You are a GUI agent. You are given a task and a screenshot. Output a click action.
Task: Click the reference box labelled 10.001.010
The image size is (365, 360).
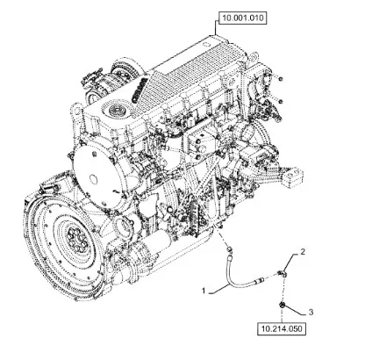(243, 18)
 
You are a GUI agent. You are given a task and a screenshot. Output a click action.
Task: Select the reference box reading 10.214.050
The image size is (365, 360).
(282, 328)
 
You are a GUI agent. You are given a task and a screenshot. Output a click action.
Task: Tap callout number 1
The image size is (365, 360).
(204, 291)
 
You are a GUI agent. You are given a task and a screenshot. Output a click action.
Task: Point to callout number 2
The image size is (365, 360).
(303, 251)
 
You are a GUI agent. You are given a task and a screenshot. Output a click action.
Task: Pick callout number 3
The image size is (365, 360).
(311, 312)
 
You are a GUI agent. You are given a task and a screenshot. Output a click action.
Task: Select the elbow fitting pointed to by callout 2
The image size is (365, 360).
(283, 274)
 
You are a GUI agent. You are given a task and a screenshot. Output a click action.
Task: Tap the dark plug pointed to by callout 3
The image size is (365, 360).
(283, 305)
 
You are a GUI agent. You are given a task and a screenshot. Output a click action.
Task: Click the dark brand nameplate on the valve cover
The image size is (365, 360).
(139, 91)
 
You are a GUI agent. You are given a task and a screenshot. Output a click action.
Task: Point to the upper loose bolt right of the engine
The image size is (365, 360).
(280, 79)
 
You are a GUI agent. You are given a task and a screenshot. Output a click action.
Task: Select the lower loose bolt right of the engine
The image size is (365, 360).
(280, 102)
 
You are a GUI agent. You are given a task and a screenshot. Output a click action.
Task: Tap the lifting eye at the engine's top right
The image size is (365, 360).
(254, 56)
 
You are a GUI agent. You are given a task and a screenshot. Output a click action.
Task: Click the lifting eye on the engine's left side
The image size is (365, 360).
(75, 112)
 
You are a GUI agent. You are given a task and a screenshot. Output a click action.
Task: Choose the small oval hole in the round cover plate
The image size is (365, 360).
(93, 177)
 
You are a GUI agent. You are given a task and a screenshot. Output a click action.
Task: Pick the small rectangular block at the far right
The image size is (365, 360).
(291, 176)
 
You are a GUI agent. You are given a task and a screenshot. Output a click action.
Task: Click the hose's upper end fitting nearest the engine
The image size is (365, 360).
(230, 250)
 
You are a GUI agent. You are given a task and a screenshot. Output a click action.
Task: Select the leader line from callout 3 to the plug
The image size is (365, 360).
(296, 310)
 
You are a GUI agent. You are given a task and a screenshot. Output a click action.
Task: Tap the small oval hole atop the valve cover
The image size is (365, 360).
(204, 45)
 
